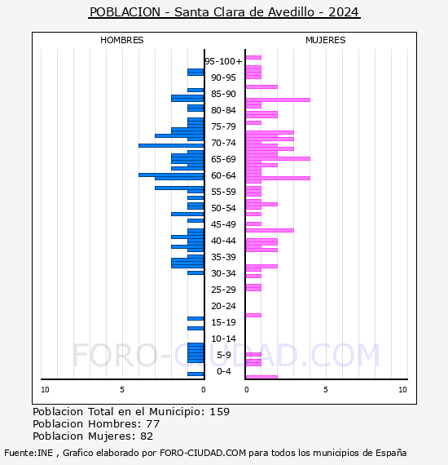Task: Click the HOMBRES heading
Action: click(121, 40)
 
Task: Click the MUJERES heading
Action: click(326, 40)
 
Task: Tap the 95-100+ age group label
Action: click(223, 61)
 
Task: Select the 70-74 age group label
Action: click(223, 143)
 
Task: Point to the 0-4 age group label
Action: click(223, 371)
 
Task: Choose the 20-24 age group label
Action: click(223, 306)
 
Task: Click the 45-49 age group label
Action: click(223, 224)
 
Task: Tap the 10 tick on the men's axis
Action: click(45, 390)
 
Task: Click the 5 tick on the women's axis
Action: click(326, 390)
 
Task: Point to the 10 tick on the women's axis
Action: click(402, 390)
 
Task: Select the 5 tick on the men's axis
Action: click(122, 390)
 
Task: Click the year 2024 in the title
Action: click(344, 12)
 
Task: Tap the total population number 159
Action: click(219, 412)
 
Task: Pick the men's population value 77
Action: click(153, 424)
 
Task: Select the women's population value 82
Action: click(147, 436)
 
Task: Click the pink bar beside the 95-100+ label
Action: click(253, 58)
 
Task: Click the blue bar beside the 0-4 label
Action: click(195, 374)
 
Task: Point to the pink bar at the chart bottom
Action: click(261, 377)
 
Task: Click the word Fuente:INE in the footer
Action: click(29, 453)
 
